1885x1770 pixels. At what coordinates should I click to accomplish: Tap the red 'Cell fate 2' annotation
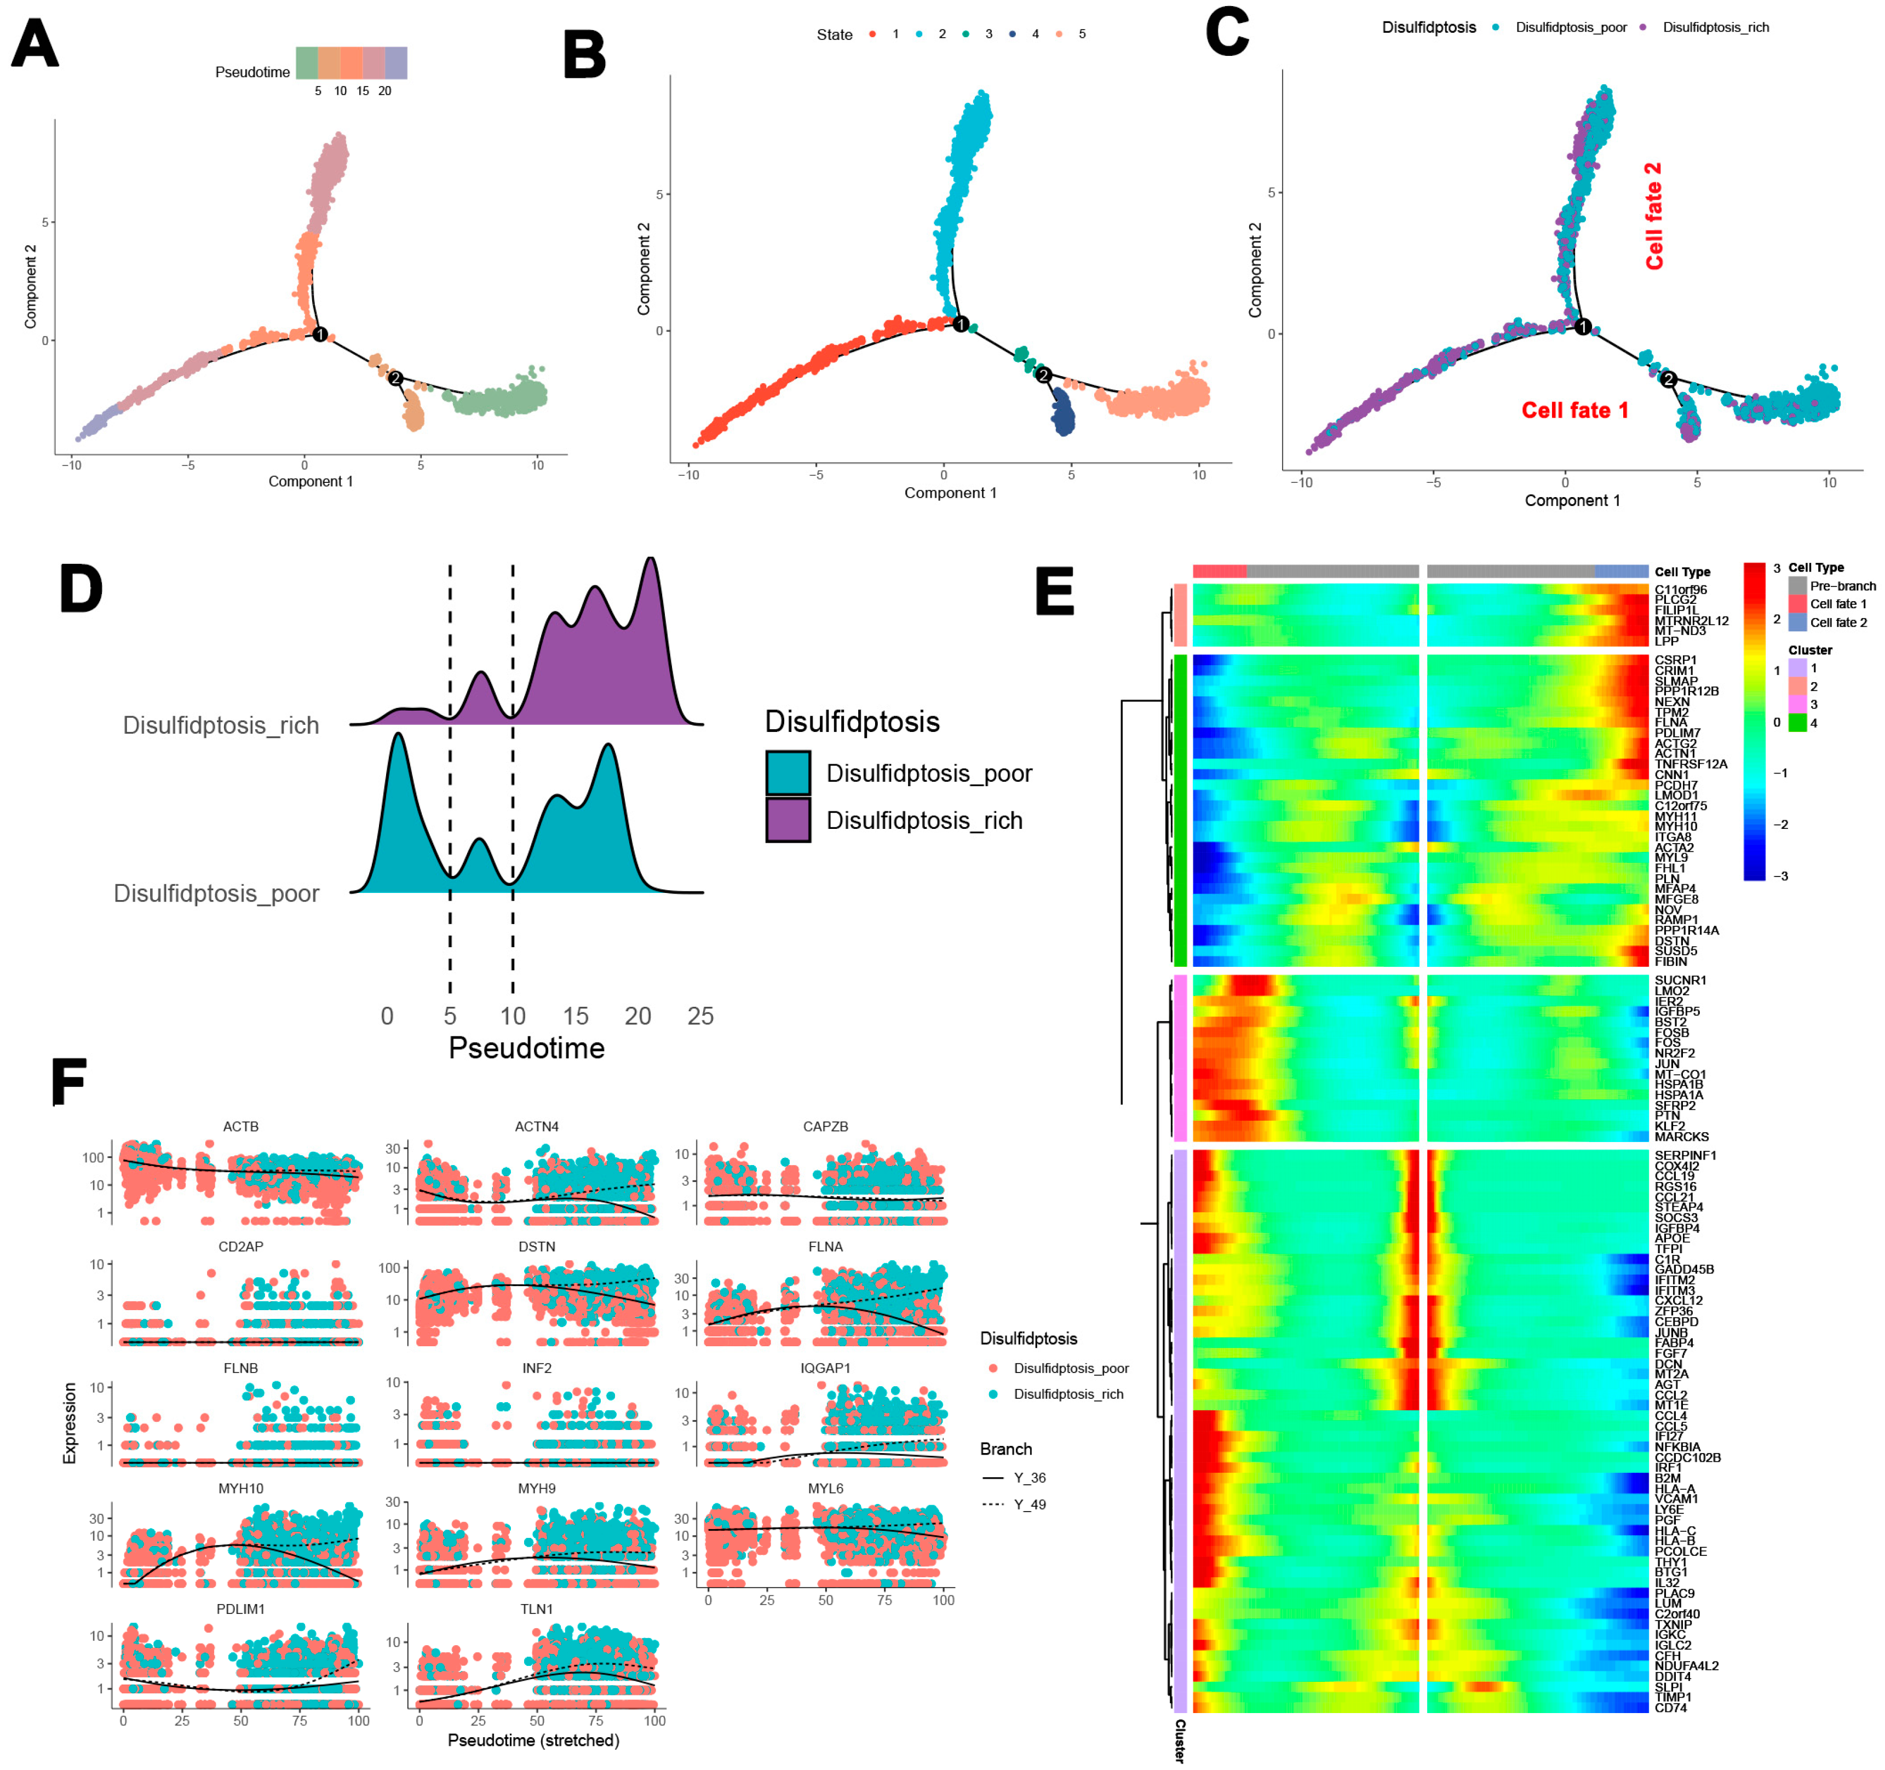(1654, 216)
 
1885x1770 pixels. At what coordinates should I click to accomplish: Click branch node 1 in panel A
(320, 335)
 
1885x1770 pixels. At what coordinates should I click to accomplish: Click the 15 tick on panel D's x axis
(576, 1016)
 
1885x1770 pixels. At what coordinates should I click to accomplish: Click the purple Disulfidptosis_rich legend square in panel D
(788, 820)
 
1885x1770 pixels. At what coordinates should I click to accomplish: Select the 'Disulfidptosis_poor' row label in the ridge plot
(216, 893)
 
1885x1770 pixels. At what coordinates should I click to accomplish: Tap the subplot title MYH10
(241, 1489)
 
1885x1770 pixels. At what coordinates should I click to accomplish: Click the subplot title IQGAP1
(825, 1368)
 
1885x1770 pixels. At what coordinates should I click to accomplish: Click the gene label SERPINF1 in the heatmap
(1685, 1155)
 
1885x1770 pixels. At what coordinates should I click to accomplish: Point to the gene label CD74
(1671, 1708)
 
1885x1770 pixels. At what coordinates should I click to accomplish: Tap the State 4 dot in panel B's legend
(1013, 34)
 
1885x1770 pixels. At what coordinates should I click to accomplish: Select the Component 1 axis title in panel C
(1572, 500)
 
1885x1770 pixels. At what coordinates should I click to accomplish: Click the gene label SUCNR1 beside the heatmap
(1680, 981)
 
